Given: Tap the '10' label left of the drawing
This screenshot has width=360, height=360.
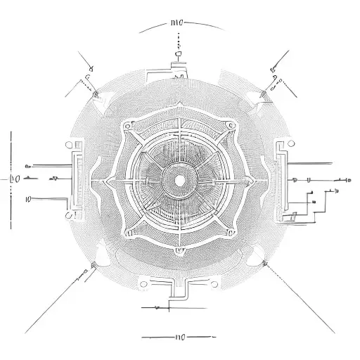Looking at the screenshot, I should pos(28,199).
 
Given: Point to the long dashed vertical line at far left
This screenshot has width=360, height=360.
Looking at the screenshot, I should pos(10,179).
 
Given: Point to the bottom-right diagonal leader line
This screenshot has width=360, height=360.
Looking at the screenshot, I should pos(302,299).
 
